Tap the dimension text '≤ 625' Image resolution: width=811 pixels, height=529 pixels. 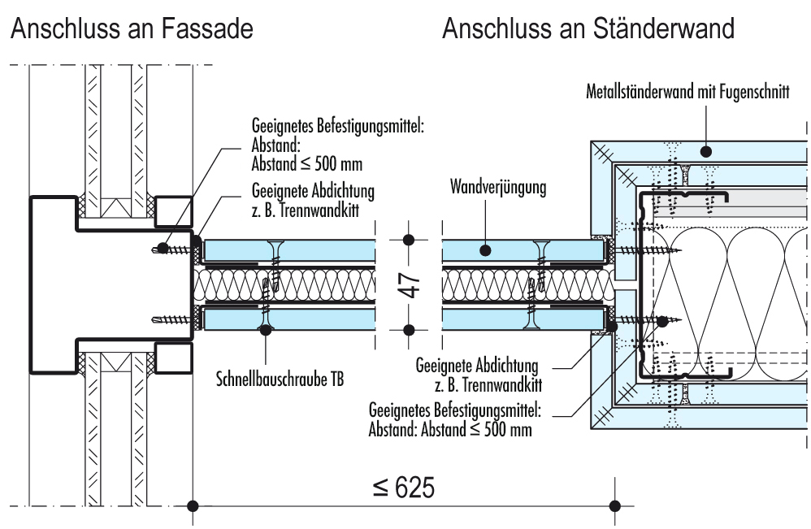point(404,488)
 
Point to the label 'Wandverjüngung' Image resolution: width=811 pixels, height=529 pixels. point(498,189)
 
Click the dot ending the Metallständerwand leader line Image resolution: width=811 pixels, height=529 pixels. point(707,150)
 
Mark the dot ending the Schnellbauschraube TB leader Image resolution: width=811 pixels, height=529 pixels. point(264,329)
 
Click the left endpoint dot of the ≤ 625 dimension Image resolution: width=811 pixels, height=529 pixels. point(192,505)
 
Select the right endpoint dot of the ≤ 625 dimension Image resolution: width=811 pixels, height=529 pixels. point(614,505)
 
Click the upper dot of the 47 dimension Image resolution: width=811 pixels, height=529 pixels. point(409,240)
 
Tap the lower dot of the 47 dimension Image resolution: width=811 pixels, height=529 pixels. point(409,329)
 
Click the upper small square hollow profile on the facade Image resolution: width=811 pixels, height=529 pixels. point(172,213)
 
